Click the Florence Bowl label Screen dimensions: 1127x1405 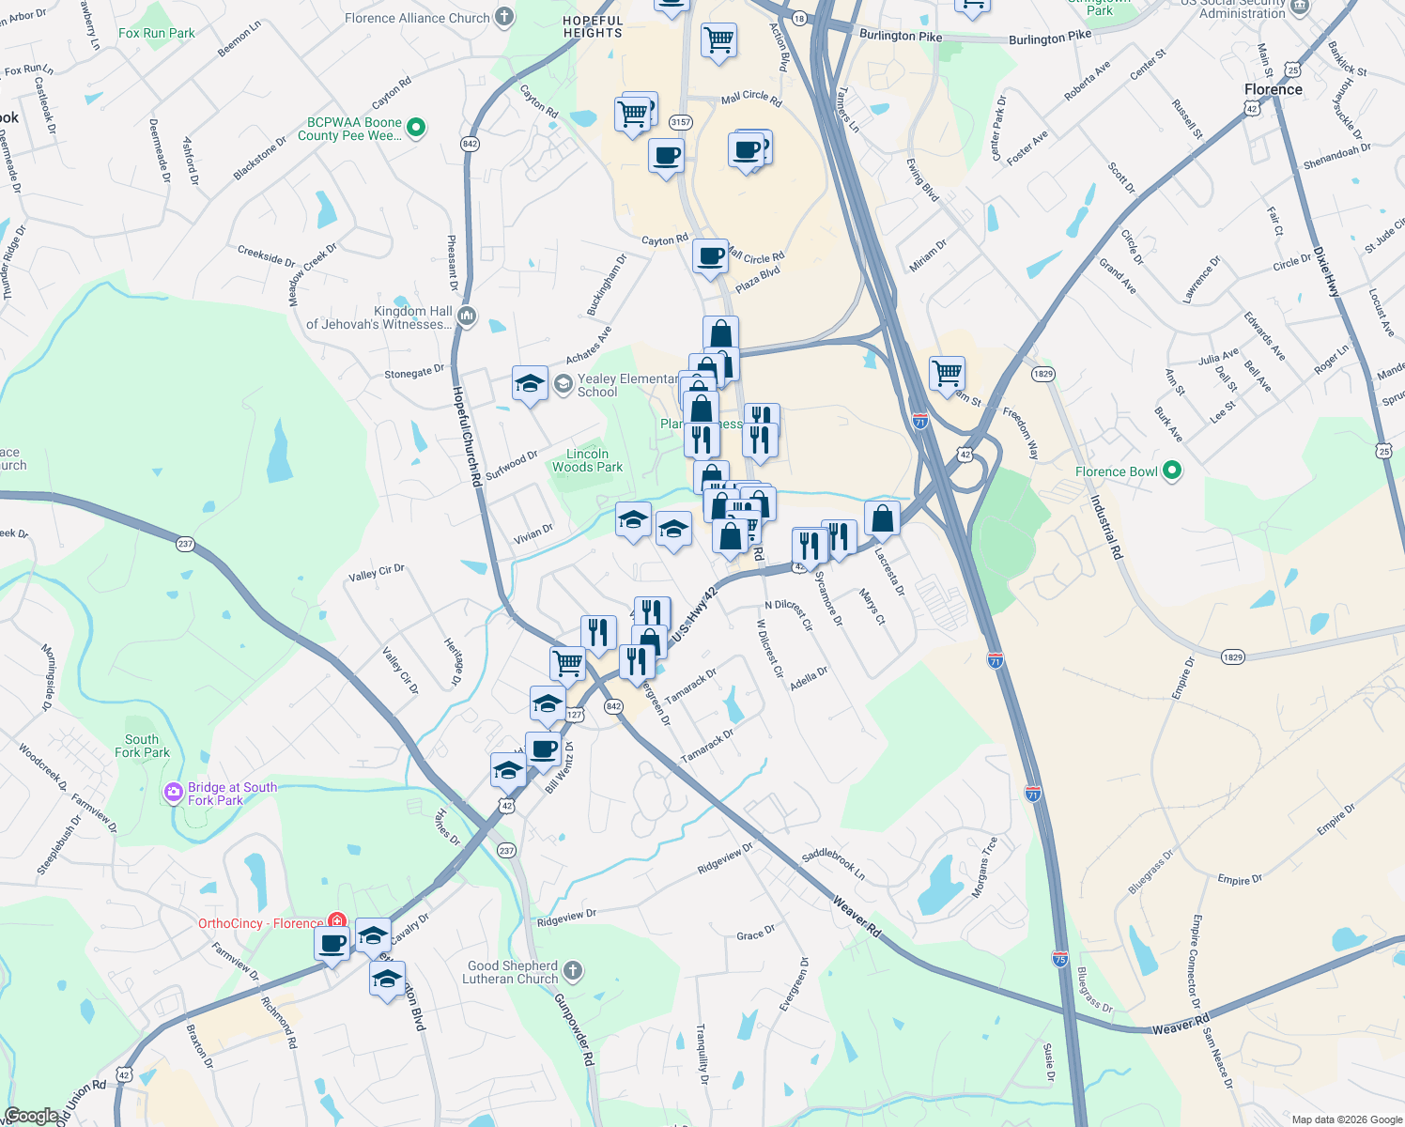coord(1116,471)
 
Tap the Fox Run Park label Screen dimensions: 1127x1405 coord(157,33)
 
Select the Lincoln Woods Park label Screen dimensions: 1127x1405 coord(587,460)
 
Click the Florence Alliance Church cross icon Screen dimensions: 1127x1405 coord(504,17)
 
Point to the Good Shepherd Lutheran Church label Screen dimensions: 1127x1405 coord(512,972)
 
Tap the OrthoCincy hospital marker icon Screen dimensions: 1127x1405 coord(336,922)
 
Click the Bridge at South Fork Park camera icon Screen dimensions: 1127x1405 coord(173,794)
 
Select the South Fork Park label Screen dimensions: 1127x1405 coord(142,746)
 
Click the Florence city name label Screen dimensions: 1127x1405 coord(1273,89)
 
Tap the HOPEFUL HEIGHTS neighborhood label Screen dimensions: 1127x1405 coord(593,26)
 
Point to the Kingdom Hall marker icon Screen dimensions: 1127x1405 coord(468,316)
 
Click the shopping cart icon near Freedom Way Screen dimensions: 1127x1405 coord(948,372)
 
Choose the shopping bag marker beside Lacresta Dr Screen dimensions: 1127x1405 coord(883,517)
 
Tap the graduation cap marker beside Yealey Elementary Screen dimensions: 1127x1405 coord(530,384)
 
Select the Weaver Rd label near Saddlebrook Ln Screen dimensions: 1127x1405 coord(857,916)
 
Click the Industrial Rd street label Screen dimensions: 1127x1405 coord(1105,526)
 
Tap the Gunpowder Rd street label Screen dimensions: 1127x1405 coord(574,1028)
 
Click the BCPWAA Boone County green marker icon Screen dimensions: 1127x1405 coord(418,126)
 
